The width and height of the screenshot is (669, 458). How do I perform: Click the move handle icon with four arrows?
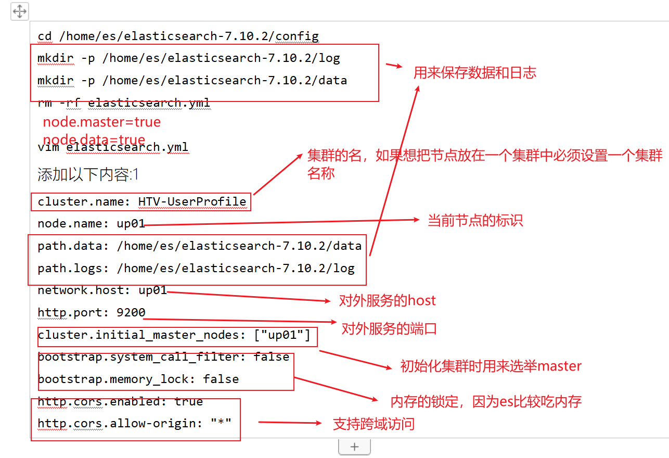(20, 11)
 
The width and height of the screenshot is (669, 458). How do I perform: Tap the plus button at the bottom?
(354, 447)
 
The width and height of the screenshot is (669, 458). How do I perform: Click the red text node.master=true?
(102, 122)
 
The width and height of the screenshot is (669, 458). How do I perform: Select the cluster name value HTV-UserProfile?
(192, 202)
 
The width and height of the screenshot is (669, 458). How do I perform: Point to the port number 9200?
(131, 312)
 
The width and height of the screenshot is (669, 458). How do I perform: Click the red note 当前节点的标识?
(475, 221)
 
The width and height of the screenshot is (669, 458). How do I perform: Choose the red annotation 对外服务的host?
(388, 300)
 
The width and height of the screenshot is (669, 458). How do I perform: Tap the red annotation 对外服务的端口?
(389, 328)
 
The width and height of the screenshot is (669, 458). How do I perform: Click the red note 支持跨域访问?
(374, 424)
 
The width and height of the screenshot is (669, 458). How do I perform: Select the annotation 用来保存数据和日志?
(475, 73)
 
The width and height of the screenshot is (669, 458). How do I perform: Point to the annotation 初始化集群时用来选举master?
(491, 366)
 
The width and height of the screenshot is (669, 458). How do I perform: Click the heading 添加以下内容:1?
(88, 174)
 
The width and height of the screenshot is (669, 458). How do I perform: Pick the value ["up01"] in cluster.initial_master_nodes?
(282, 335)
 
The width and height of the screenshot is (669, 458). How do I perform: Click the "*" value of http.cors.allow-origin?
(221, 423)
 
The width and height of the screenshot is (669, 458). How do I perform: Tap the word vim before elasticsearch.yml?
(48, 147)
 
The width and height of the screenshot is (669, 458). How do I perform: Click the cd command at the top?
(45, 36)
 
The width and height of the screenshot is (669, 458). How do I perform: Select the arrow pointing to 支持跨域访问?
(290, 423)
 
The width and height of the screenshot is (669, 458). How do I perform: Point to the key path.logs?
(73, 269)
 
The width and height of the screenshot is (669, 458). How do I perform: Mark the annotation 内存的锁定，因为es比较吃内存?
(486, 402)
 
